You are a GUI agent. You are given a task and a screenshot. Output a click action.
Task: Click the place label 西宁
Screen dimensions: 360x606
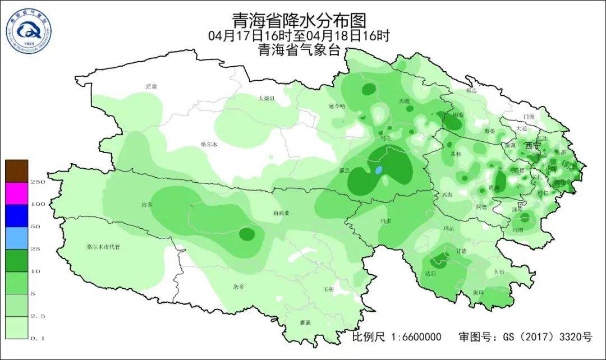(532, 145)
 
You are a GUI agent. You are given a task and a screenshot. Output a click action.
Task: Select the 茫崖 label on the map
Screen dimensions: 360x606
(151, 86)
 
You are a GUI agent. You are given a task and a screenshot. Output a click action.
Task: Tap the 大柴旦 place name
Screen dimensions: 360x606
(266, 98)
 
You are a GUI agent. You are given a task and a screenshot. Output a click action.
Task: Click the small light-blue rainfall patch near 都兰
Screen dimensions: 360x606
(379, 169)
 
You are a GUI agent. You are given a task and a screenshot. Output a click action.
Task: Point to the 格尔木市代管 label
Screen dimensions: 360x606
(103, 247)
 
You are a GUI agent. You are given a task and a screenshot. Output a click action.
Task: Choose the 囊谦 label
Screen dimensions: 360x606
(305, 323)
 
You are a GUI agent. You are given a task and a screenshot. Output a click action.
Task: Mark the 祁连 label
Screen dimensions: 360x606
(471, 90)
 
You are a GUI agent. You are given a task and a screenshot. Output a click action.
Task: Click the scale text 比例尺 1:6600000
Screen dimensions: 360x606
(396, 337)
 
